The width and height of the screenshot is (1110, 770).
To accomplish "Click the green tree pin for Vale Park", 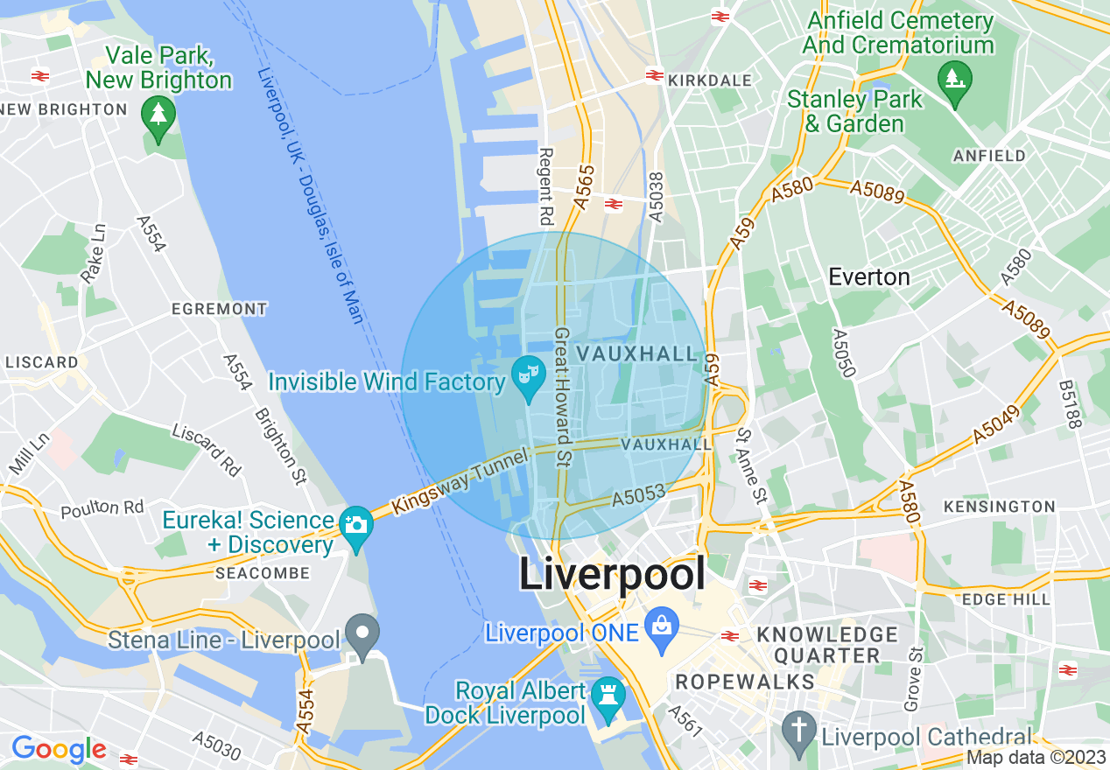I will pyautogui.click(x=158, y=115).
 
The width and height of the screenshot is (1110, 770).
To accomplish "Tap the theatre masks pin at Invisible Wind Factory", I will pyautogui.click(x=529, y=375).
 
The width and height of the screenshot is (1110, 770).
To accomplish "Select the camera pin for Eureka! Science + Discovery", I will pyautogui.click(x=356, y=526).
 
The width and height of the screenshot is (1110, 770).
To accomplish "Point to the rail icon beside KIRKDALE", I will pyautogui.click(x=654, y=76).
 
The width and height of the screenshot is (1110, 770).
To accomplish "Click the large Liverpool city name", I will pyautogui.click(x=612, y=575).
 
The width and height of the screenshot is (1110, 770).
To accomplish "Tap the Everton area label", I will pyautogui.click(x=869, y=276).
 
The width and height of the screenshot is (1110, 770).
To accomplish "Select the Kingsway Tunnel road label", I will pyautogui.click(x=460, y=480).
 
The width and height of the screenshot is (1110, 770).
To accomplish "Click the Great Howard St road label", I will pyautogui.click(x=563, y=395).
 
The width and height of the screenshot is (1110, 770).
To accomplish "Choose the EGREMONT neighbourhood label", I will pyautogui.click(x=220, y=309).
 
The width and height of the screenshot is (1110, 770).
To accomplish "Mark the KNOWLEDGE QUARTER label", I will pyautogui.click(x=827, y=645).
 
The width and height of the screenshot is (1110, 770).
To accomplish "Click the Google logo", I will pyautogui.click(x=59, y=749).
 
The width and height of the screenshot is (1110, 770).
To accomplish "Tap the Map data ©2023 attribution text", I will pyautogui.click(x=1036, y=758).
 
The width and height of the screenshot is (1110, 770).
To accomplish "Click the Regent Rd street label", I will pyautogui.click(x=546, y=185).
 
